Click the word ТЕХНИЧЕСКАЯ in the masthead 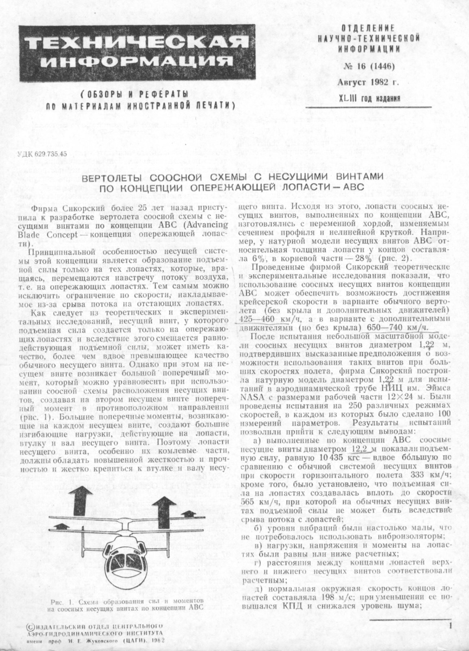coord(138,42)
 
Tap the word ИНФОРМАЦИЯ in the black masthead coord(137,61)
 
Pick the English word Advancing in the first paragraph coord(209,224)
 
